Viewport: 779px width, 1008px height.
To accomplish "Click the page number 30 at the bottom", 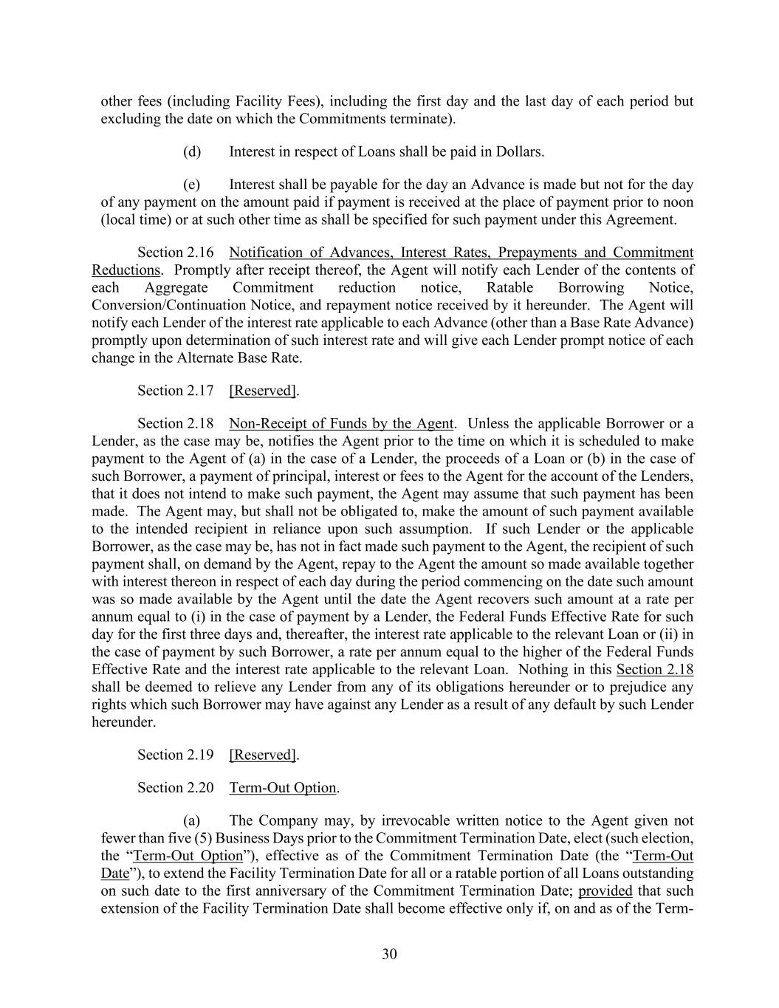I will pos(389,954).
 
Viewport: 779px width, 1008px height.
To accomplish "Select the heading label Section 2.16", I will pos(176,253).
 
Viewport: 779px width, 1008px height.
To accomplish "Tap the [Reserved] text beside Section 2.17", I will pos(264,391).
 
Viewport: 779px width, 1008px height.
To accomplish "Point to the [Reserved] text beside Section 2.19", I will pos(264,755).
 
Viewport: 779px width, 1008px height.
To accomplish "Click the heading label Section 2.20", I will pos(176,788).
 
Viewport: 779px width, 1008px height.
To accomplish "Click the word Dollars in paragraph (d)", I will pos(518,152).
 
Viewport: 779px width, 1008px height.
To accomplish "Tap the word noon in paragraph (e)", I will pos(679,202).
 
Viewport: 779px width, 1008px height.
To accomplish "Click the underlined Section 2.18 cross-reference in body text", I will pos(654,670).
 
